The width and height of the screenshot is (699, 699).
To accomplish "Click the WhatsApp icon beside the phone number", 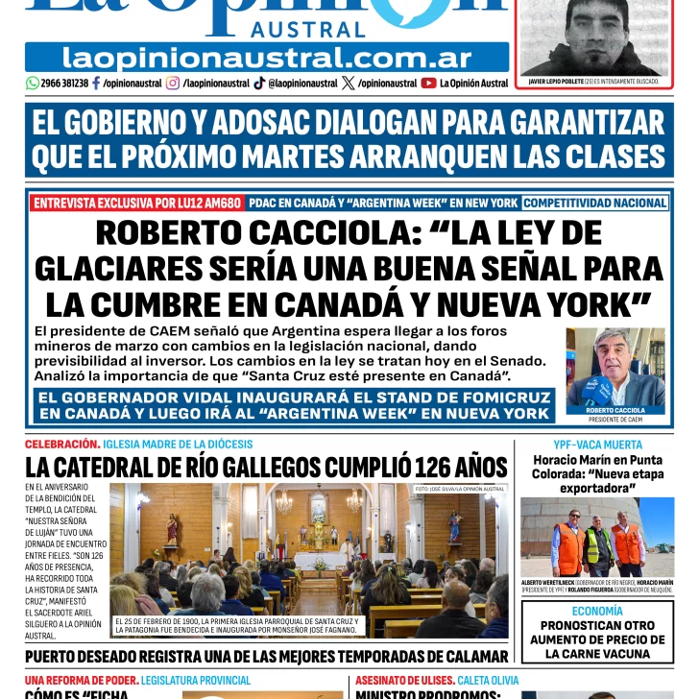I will click(x=33, y=84).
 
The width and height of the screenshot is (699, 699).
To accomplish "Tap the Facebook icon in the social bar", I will click(x=96, y=84).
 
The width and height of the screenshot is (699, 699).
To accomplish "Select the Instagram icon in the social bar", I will click(x=173, y=84).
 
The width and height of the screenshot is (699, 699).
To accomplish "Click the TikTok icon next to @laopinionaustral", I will click(x=259, y=84).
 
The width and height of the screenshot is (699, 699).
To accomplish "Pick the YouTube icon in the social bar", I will click(x=428, y=84).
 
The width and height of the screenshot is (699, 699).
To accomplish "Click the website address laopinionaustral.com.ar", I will click(x=266, y=58).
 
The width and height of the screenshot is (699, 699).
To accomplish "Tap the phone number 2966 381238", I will click(x=65, y=84).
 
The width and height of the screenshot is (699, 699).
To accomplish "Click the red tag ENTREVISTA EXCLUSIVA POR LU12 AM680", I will click(x=136, y=203).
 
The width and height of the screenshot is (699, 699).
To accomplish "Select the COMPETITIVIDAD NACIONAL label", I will click(x=595, y=203).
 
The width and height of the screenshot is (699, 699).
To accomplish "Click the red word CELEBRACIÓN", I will click(x=62, y=445).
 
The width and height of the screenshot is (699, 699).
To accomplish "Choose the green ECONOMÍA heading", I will click(x=597, y=611).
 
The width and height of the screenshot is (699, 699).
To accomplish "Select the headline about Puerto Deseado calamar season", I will click(x=266, y=657).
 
